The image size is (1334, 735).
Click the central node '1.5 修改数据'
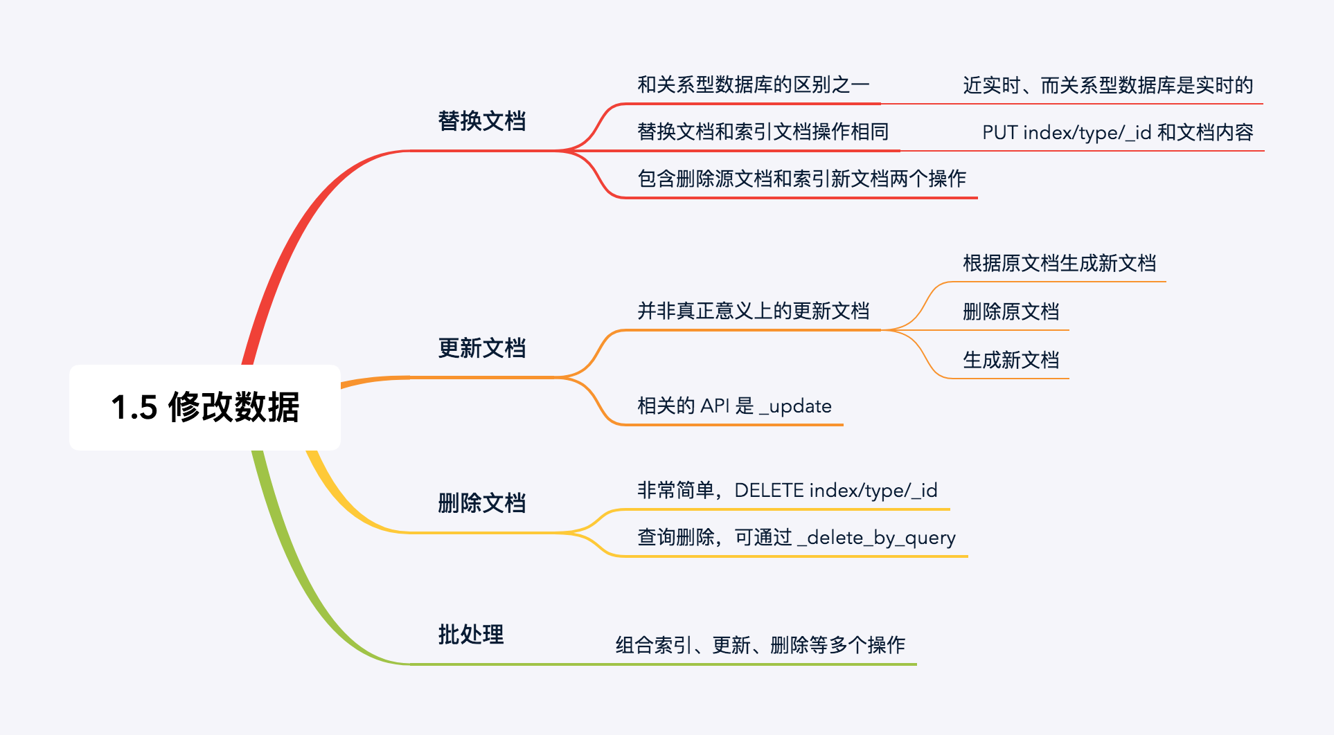205,407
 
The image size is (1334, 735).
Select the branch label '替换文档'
481,121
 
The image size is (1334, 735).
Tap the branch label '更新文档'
481,348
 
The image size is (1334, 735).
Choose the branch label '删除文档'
481,503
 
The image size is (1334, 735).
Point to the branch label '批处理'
470,635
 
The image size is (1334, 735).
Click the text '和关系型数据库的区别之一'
753,85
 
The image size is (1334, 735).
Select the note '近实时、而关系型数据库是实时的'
1108,86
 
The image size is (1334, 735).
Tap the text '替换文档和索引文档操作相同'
763,132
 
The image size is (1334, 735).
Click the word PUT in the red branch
999,133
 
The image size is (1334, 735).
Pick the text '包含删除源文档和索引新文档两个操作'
801,179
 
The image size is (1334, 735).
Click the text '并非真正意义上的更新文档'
753,311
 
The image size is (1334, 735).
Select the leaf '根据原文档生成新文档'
1059,264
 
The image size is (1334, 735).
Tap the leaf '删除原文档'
1011,312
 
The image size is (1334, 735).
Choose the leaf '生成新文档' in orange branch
1011,361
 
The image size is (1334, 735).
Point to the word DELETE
769,491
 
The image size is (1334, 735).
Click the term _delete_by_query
876,538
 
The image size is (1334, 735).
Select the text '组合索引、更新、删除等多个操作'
760,645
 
